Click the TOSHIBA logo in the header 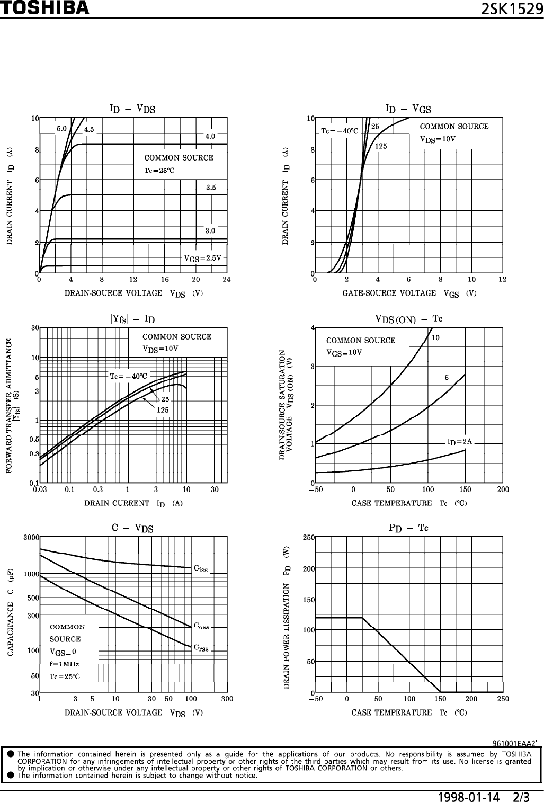click(x=44, y=8)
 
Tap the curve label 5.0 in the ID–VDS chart click(x=61, y=128)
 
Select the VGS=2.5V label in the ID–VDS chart click(x=202, y=259)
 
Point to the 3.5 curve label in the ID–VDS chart click(x=210, y=187)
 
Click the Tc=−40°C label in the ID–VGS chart click(x=340, y=131)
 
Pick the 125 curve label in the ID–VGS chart click(x=381, y=146)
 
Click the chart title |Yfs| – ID click(x=132, y=319)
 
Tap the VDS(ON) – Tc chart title click(x=408, y=319)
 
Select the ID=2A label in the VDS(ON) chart click(x=459, y=441)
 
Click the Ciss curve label click(x=201, y=569)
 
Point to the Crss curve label click(x=201, y=647)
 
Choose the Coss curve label click(x=201, y=626)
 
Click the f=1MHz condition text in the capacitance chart click(x=64, y=664)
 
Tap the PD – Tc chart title click(x=408, y=528)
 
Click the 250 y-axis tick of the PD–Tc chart click(x=308, y=537)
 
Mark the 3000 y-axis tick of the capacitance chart click(x=31, y=537)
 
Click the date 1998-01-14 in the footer click(x=469, y=797)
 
